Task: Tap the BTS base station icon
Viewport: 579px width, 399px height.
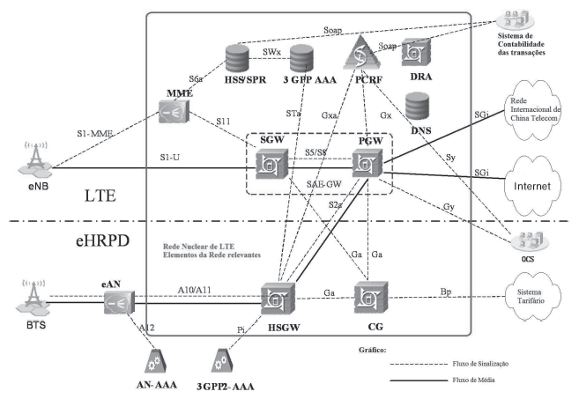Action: click(x=33, y=297)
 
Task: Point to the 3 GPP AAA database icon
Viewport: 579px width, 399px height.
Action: click(x=300, y=59)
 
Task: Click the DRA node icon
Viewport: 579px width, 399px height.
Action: click(x=415, y=55)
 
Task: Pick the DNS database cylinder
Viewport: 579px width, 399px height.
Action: click(x=418, y=110)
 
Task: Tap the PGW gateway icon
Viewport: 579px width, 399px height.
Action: click(x=364, y=164)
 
